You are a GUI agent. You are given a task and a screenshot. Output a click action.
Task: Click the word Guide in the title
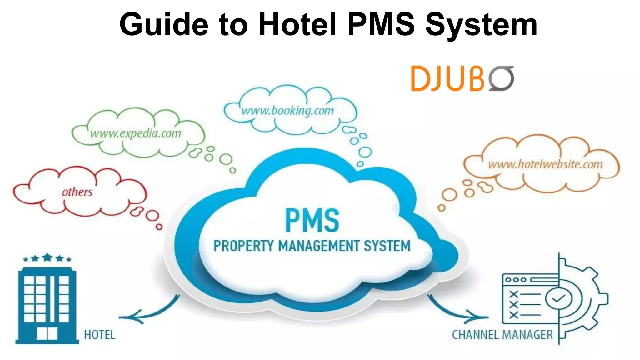164,24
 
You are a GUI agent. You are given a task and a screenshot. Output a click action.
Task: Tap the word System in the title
481,24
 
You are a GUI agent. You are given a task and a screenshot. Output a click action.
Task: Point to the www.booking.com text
288,111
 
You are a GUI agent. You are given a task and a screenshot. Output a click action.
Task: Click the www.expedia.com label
136,133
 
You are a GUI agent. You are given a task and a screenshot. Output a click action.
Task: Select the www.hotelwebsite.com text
545,164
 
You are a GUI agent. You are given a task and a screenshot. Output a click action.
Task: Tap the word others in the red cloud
77,192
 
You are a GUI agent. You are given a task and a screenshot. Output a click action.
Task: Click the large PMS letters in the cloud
312,221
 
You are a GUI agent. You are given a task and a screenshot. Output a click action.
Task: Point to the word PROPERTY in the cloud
244,246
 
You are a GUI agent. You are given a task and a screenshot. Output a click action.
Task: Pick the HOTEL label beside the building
100,335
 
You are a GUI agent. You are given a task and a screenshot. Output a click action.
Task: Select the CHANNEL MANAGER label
502,335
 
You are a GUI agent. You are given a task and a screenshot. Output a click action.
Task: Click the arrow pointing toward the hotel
147,312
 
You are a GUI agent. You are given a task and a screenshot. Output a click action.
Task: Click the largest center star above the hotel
47,257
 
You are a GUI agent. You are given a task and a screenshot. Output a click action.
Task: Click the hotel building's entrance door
47,333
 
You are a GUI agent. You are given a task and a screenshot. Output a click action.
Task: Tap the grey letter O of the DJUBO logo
501,78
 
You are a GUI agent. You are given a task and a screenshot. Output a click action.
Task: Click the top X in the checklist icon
513,294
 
